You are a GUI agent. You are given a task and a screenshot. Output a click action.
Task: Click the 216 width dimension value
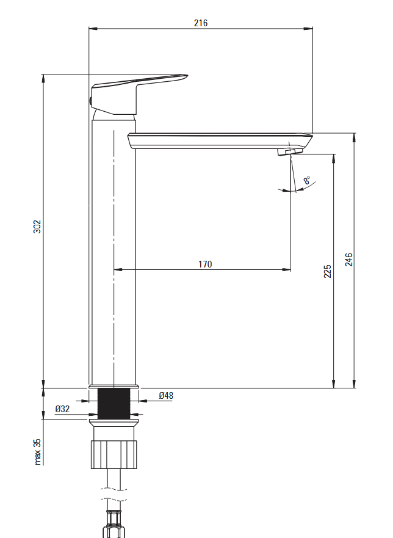(201, 23)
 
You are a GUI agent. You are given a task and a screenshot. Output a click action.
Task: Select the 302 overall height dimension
(37, 227)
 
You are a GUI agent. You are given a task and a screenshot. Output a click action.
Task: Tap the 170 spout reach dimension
(205, 264)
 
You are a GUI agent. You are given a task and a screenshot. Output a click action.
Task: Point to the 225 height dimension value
(328, 271)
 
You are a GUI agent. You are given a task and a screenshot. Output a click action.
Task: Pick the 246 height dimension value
(348, 260)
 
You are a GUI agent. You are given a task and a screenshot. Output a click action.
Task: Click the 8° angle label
(306, 180)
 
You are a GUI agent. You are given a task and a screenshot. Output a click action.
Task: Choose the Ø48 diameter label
(166, 396)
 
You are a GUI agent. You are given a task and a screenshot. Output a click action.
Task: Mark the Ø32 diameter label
(62, 409)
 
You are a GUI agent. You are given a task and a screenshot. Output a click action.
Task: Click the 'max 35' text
(37, 451)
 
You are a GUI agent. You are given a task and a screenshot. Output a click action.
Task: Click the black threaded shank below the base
(114, 404)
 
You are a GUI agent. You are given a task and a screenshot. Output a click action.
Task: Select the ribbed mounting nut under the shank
(114, 454)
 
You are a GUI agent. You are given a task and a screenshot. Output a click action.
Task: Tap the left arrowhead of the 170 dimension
(118, 269)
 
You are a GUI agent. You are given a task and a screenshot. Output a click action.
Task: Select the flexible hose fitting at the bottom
(114, 519)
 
